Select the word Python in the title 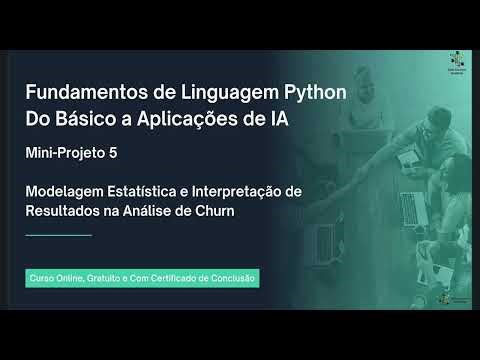[x=310, y=93]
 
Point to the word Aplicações [x=192, y=120]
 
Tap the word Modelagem [x=62, y=191]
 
